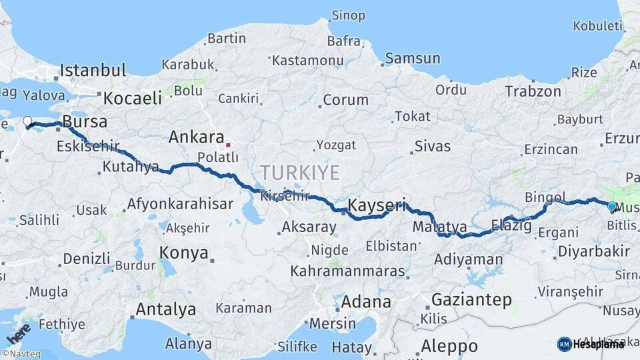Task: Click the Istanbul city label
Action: [93, 71]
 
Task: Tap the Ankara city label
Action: [196, 137]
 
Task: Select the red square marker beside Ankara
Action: [228, 144]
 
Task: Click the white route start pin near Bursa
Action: [27, 122]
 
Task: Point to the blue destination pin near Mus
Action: [612, 207]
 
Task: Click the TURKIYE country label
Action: [299, 173]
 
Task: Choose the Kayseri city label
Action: [376, 206]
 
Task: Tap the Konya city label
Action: [183, 254]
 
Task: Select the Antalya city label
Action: [165, 310]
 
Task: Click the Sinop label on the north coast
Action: [348, 15]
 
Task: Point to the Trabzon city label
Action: [533, 91]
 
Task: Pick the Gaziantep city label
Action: [471, 299]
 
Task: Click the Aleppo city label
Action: [449, 347]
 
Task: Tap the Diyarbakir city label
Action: [593, 251]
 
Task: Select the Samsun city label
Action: [413, 59]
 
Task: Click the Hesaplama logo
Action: [591, 344]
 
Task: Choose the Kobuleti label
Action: [597, 26]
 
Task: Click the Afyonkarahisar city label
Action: [180, 205]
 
